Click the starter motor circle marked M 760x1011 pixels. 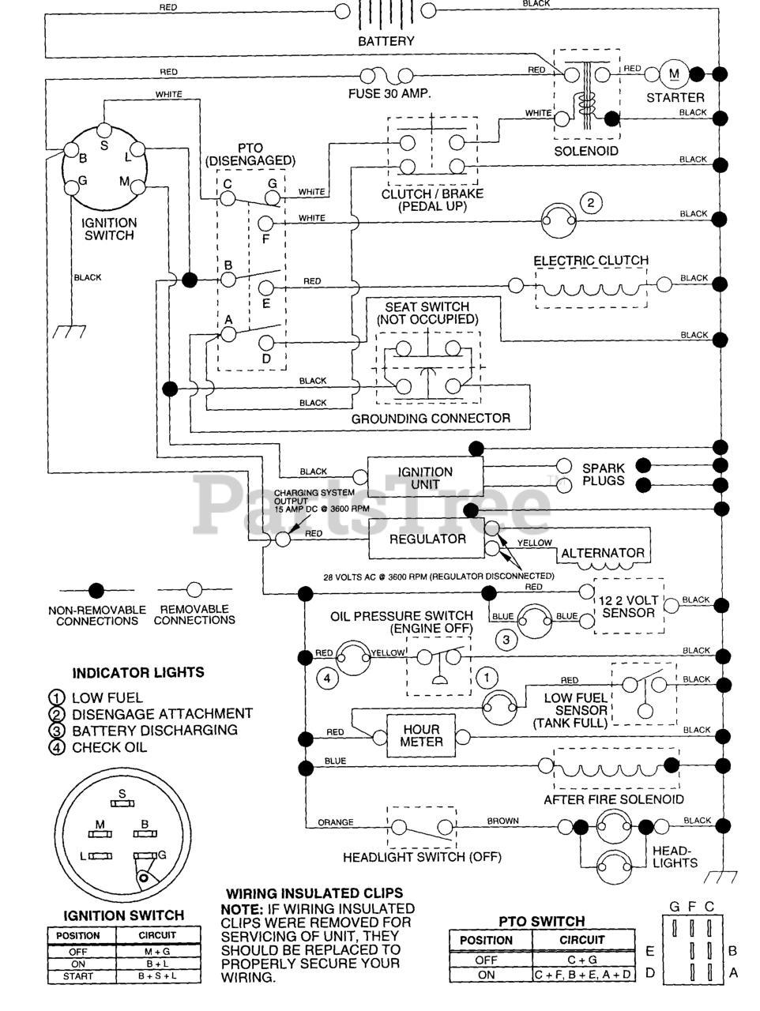point(674,74)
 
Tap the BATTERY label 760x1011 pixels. point(386,41)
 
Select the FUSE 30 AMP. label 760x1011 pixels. point(389,93)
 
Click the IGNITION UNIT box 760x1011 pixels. point(425,477)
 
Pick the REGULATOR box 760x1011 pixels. point(427,539)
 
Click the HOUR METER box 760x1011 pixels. point(422,735)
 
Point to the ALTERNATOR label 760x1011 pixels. point(603,553)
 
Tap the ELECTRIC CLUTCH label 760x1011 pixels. point(591,260)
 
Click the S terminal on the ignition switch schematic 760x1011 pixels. point(103,145)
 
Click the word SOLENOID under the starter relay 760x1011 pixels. point(585,151)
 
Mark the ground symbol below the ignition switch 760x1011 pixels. point(69,332)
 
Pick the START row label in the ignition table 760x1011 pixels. point(78,976)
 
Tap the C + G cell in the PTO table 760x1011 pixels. point(582,960)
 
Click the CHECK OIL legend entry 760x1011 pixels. point(109,747)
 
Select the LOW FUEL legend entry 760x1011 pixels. point(107,697)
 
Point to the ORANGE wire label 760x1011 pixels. point(336,822)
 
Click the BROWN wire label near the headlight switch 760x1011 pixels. point(502,821)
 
